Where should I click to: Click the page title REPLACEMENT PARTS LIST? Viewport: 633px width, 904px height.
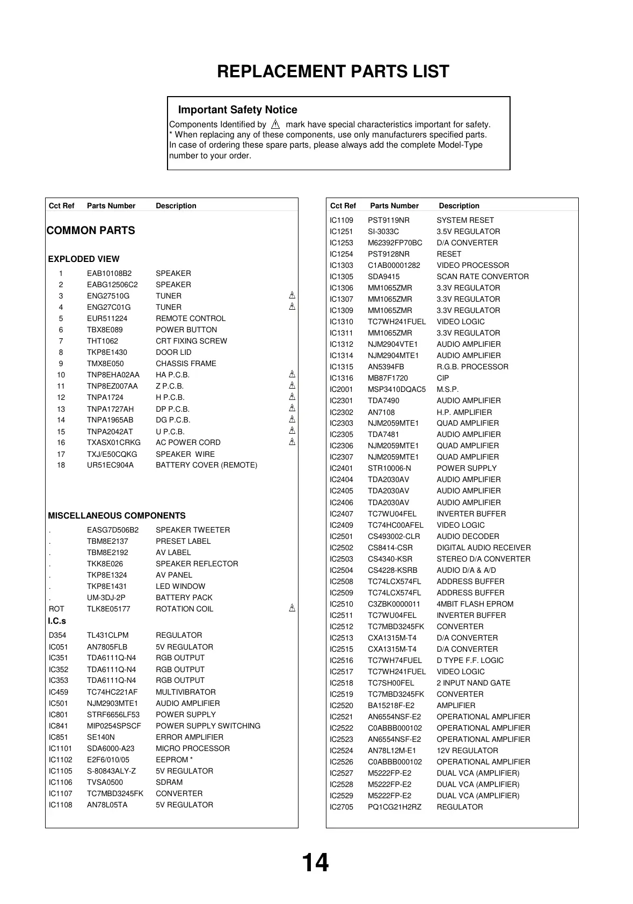click(333, 71)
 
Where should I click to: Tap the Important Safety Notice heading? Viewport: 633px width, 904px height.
click(237, 110)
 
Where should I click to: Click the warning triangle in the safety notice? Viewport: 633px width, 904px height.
click(276, 125)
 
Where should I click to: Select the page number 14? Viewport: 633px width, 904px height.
click(315, 863)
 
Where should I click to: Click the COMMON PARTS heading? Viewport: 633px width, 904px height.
click(91, 231)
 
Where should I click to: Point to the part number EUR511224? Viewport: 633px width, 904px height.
click(107, 318)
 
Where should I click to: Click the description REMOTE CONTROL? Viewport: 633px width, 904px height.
click(191, 318)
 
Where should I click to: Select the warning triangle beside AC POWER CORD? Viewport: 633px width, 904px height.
click(292, 442)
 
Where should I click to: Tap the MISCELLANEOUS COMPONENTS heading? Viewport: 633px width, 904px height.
click(117, 516)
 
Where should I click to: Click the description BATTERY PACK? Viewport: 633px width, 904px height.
click(184, 597)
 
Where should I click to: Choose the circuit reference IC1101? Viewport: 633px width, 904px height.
click(60, 748)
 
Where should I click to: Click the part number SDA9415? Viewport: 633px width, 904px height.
click(383, 276)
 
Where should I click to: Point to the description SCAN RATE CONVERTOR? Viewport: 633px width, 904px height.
click(483, 276)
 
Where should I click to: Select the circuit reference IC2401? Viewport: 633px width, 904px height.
click(341, 468)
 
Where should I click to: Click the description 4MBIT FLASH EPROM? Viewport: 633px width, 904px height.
click(475, 604)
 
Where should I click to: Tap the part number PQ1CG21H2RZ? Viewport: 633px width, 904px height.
click(395, 807)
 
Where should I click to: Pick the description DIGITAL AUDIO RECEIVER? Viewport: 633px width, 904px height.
click(484, 548)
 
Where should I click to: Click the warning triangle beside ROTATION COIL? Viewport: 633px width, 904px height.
click(292, 608)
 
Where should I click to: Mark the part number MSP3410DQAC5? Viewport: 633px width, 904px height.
click(397, 389)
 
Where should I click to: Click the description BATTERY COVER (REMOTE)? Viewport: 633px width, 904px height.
click(206, 465)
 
